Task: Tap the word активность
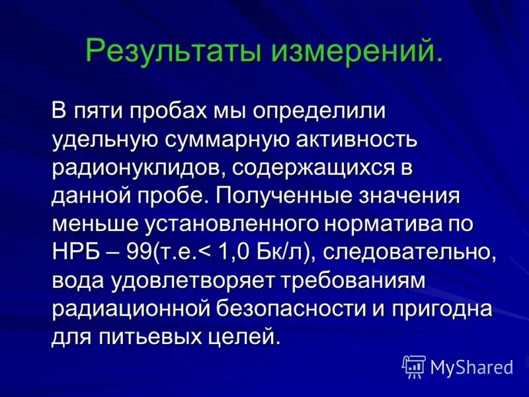(x=360, y=140)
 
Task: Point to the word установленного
(x=233, y=224)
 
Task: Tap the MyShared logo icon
(x=414, y=366)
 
